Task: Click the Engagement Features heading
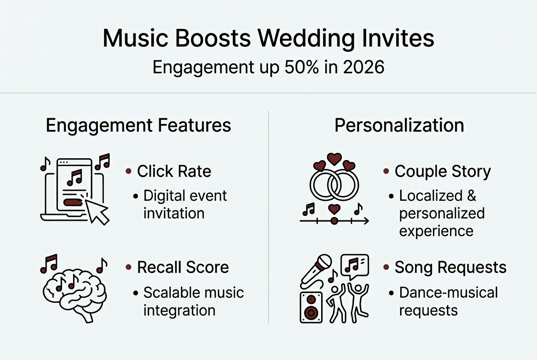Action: (x=138, y=126)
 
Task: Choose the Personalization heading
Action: (x=399, y=126)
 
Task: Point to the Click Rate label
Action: (x=174, y=171)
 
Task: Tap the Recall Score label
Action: (x=183, y=267)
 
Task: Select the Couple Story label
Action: (x=443, y=172)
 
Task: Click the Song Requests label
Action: (x=450, y=267)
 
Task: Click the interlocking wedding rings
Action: (x=334, y=184)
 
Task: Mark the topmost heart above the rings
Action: (x=334, y=158)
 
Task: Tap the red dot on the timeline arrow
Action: (x=334, y=221)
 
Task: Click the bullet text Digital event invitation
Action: (x=185, y=204)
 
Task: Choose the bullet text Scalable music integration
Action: (x=193, y=301)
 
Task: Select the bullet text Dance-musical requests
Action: (x=448, y=301)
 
